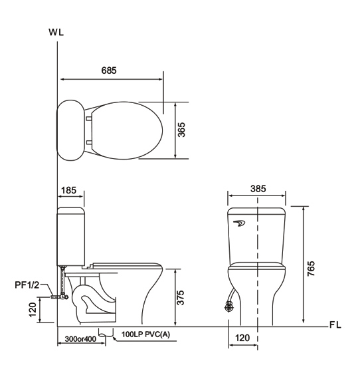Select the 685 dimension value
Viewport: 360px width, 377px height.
tap(110, 70)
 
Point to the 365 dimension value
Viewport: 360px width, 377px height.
tap(182, 130)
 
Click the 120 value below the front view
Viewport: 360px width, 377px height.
tap(243, 338)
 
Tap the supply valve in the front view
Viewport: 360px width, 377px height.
tap(229, 307)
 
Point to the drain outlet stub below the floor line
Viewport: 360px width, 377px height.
tap(103, 331)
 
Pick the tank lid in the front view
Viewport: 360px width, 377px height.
tap(257, 212)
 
